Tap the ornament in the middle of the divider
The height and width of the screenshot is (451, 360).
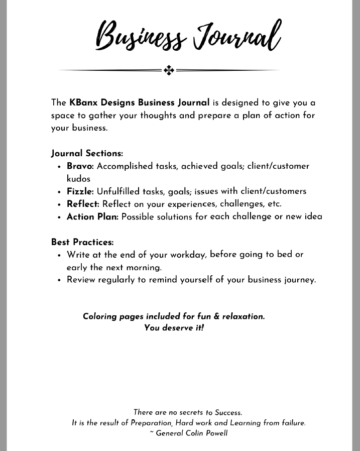click(169, 70)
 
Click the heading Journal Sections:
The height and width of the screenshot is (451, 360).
click(87, 153)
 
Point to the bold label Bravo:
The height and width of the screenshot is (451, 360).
click(80, 166)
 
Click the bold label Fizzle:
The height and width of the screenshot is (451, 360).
click(80, 191)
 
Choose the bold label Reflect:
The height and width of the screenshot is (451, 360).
click(83, 204)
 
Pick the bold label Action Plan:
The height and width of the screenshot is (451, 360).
click(93, 217)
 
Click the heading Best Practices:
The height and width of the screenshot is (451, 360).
click(82, 242)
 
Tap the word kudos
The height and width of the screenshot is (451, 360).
click(78, 178)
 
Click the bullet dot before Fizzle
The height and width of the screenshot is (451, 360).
click(59, 192)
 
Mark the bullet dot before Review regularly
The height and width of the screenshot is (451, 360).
click(59, 280)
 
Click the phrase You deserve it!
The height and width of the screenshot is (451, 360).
click(174, 328)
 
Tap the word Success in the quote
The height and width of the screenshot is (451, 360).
click(228, 412)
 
